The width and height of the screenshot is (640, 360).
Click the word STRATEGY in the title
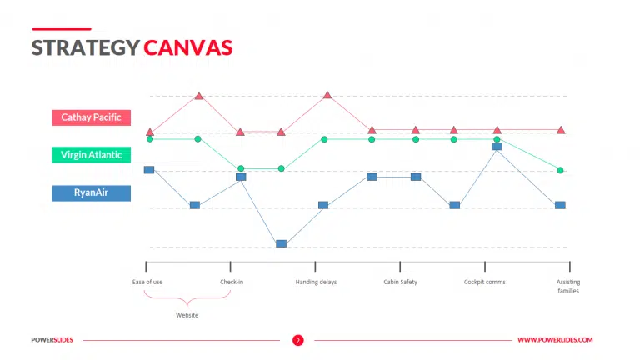[x=85, y=47]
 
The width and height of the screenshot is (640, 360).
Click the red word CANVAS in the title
[x=187, y=47]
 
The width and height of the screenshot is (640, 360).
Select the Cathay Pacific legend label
[x=91, y=117]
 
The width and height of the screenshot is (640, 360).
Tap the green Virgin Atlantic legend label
[x=91, y=155]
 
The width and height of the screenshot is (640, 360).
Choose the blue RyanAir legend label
[x=91, y=192]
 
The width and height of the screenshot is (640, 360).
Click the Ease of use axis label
[x=147, y=282]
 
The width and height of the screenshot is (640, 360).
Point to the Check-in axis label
[x=232, y=282]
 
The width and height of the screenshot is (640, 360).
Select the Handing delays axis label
[x=316, y=282]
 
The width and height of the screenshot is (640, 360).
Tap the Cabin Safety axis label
[x=400, y=282]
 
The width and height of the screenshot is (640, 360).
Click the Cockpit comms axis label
[x=484, y=282]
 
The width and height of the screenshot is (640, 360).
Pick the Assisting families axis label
[x=568, y=286]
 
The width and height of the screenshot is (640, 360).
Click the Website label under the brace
[x=187, y=315]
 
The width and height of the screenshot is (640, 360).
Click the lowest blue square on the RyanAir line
[x=281, y=243]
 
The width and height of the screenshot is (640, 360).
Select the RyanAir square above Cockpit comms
[x=497, y=146]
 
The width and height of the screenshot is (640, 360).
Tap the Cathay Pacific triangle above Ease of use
[x=150, y=132]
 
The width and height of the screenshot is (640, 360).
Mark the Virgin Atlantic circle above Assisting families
[x=560, y=170]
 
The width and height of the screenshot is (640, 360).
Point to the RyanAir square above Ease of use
[x=149, y=169]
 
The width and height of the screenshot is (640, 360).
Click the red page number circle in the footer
[x=297, y=340]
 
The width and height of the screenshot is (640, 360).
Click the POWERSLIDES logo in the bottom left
[x=52, y=340]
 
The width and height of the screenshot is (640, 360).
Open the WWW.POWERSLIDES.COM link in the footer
[x=555, y=340]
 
